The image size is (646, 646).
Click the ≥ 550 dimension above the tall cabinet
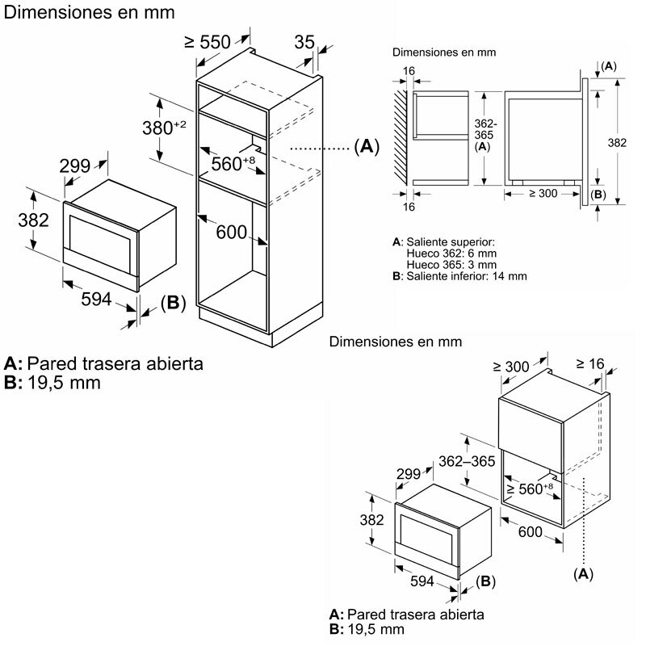208,42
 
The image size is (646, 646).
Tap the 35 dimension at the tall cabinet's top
304,42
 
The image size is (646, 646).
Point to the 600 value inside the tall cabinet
231,233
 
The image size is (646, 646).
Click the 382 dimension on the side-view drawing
616,142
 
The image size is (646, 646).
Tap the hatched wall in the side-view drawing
401,134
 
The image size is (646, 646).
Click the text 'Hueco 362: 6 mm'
446,254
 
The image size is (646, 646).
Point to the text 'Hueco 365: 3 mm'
446,265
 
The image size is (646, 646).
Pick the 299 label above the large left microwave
75,166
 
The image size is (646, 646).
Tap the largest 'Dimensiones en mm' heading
89,13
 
